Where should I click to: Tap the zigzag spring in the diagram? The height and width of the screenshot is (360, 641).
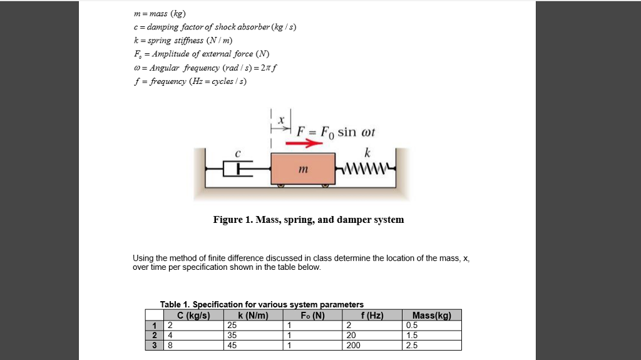pyautogui.click(x=366, y=168)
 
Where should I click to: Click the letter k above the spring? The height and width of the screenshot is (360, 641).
pyautogui.click(x=367, y=152)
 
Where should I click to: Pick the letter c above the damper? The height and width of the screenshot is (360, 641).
pyautogui.click(x=237, y=152)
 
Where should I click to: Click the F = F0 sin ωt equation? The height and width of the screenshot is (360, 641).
pyautogui.click(x=336, y=133)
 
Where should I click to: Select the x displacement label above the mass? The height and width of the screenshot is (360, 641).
pyautogui.click(x=281, y=119)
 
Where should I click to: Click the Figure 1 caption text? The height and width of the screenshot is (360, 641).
pyautogui.click(x=308, y=220)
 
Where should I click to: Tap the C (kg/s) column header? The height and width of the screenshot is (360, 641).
pyautogui.click(x=193, y=315)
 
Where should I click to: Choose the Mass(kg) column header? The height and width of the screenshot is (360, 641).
pyautogui.click(x=432, y=315)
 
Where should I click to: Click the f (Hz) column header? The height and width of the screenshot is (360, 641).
pyautogui.click(x=371, y=315)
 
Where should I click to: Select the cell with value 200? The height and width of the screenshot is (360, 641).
pyautogui.click(x=353, y=345)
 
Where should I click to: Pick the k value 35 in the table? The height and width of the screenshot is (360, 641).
pyautogui.click(x=233, y=335)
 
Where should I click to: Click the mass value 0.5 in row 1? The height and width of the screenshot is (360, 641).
pyautogui.click(x=412, y=325)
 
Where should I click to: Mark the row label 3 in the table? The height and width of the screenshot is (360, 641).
pyautogui.click(x=153, y=345)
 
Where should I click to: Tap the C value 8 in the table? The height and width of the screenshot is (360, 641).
pyautogui.click(x=169, y=345)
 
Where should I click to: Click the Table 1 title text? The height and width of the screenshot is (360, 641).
pyautogui.click(x=262, y=304)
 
